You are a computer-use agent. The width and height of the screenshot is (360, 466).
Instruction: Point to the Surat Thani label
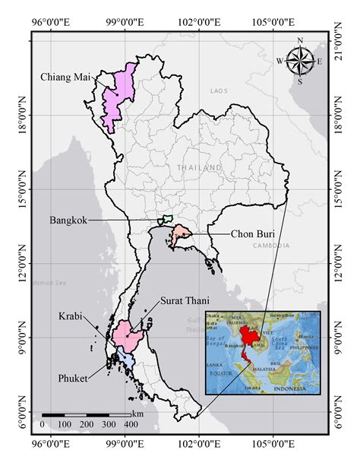(x=180, y=301)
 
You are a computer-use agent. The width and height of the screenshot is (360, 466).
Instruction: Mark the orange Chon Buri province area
(x=181, y=235)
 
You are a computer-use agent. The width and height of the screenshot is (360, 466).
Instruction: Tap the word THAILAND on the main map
(x=198, y=167)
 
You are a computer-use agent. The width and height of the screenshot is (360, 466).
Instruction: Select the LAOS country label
(x=218, y=91)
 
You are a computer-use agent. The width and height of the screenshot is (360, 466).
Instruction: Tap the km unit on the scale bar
(x=137, y=413)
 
